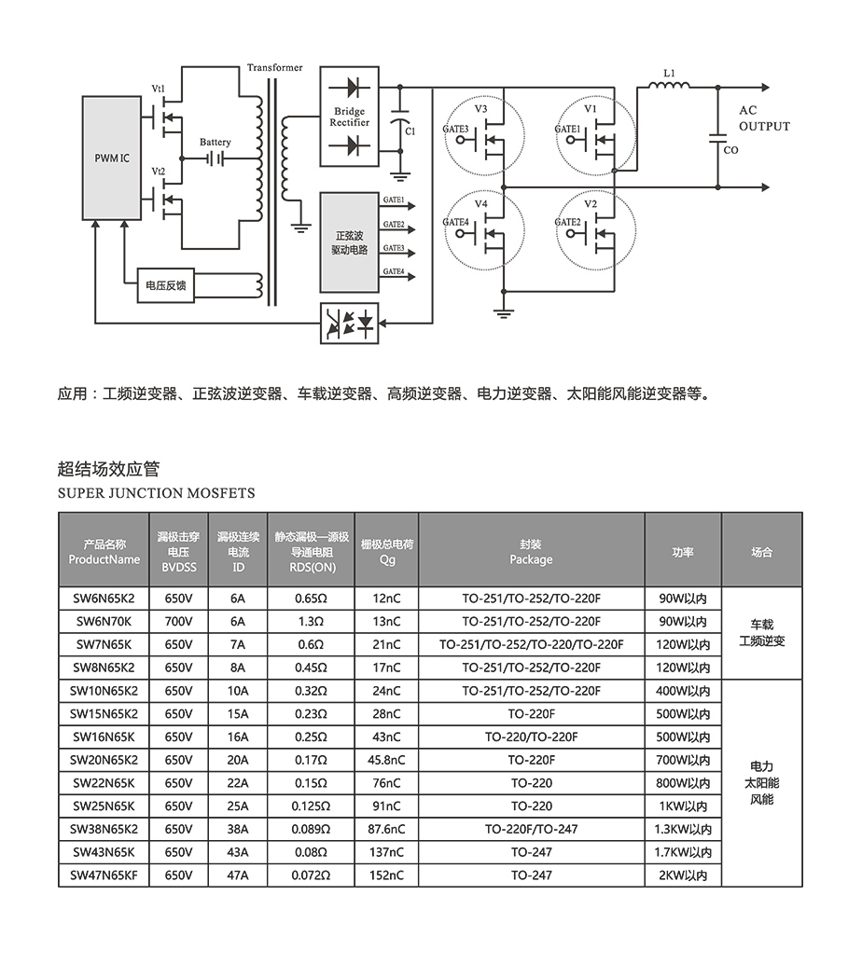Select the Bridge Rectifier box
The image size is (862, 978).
pyautogui.click(x=350, y=116)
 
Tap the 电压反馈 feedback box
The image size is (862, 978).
pyautogui.click(x=167, y=285)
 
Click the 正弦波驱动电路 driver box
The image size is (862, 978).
pyautogui.click(x=350, y=242)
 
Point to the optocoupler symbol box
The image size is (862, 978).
pyautogui.click(x=350, y=324)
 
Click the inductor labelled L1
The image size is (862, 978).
pyautogui.click(x=669, y=86)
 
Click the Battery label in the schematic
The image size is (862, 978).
pyautogui.click(x=215, y=143)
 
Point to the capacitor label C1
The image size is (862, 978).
pyautogui.click(x=411, y=131)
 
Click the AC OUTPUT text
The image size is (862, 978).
pyautogui.click(x=763, y=118)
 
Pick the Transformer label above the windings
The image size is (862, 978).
pyautogui.click(x=275, y=68)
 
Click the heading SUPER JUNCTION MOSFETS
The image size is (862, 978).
pyautogui.click(x=156, y=493)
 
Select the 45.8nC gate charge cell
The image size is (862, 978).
pyautogui.click(x=387, y=760)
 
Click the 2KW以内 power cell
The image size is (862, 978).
pyautogui.click(x=683, y=875)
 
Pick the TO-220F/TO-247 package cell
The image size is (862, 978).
pyautogui.click(x=531, y=829)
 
